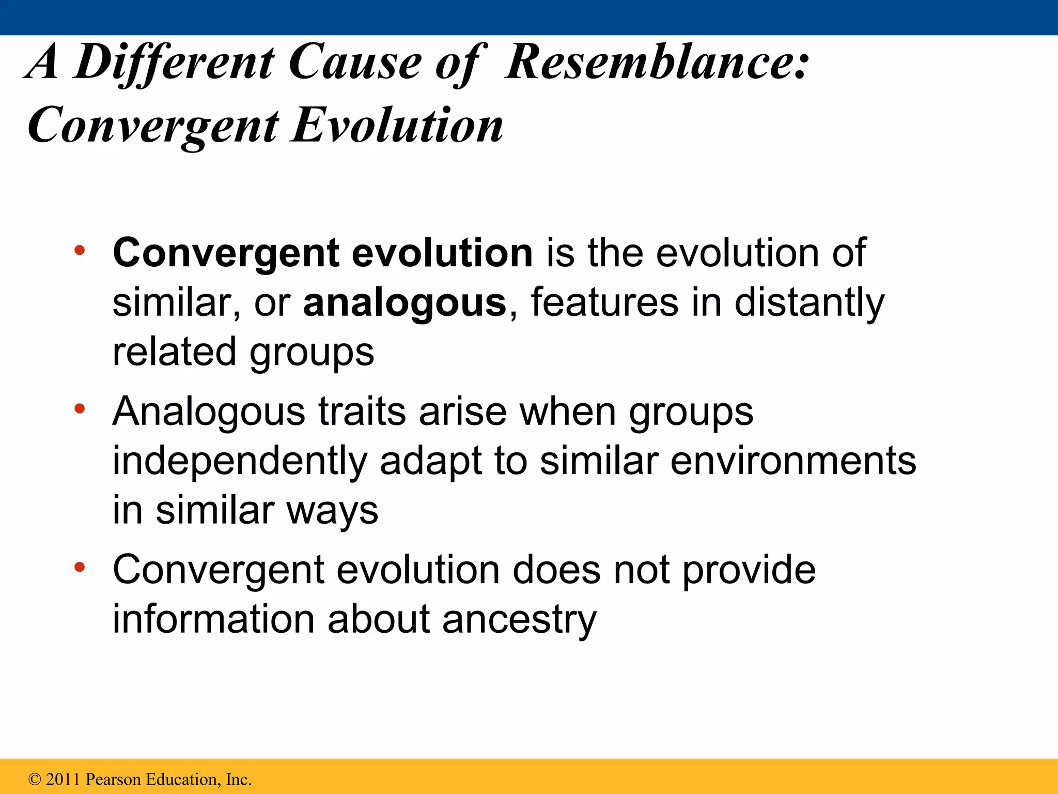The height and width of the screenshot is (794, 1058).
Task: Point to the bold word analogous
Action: pos(404,303)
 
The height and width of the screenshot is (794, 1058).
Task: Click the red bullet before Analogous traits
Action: pos(79,409)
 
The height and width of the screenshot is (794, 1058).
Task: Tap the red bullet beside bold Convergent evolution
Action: pos(79,251)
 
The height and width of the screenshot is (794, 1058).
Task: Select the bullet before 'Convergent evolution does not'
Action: pos(79,568)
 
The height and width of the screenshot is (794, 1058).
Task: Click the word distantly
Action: pos(809,302)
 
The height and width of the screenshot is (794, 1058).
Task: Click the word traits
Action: pos(362,411)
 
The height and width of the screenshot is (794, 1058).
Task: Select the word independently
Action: pos(239,461)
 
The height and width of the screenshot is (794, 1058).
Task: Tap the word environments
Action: pos(793,461)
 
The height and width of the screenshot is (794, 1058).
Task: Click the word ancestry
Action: pos(519,620)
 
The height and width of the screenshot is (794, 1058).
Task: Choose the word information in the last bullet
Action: pos(213,619)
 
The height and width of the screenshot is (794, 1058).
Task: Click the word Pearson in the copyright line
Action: pos(114,780)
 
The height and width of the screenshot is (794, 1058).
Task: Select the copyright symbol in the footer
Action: pos(35,780)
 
